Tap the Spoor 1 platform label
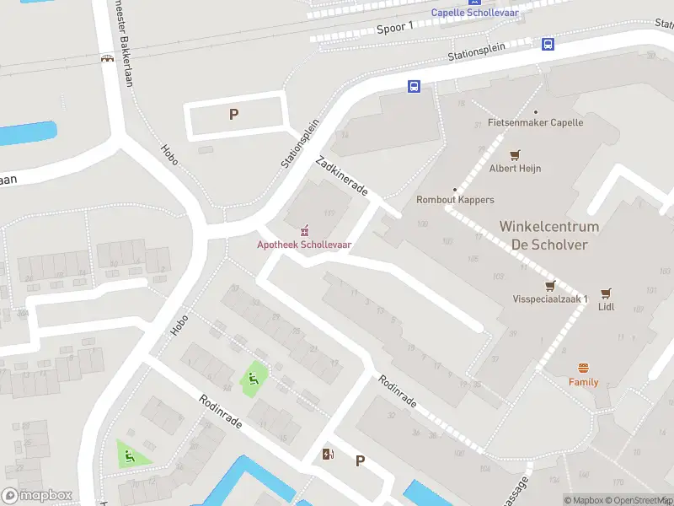point(395,28)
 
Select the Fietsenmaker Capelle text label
point(535,122)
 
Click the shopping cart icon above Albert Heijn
point(515,154)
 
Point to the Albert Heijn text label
point(514,168)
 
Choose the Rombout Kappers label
point(455,200)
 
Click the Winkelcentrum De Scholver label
point(548,235)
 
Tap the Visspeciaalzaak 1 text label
point(550,299)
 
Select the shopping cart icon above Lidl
point(606,293)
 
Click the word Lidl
point(606,307)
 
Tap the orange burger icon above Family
point(583,368)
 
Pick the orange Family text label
point(583,382)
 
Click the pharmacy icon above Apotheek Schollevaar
point(304,230)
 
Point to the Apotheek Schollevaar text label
point(304,245)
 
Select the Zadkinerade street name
point(341,176)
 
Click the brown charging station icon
point(328,455)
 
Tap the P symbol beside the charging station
point(360,460)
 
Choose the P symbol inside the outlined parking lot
point(233,115)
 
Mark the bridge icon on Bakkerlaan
point(108,60)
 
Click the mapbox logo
point(37,496)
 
